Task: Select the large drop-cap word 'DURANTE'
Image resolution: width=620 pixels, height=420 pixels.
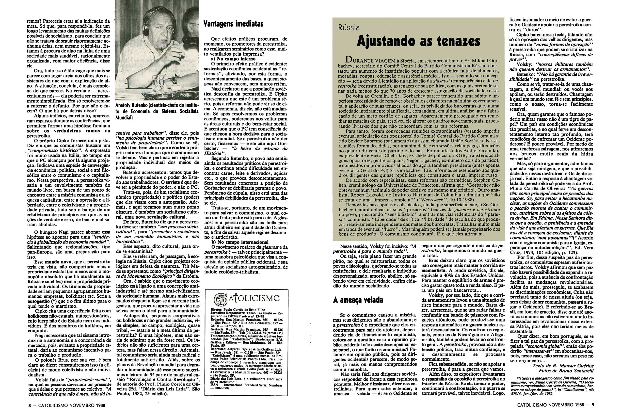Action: coord(355,60)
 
